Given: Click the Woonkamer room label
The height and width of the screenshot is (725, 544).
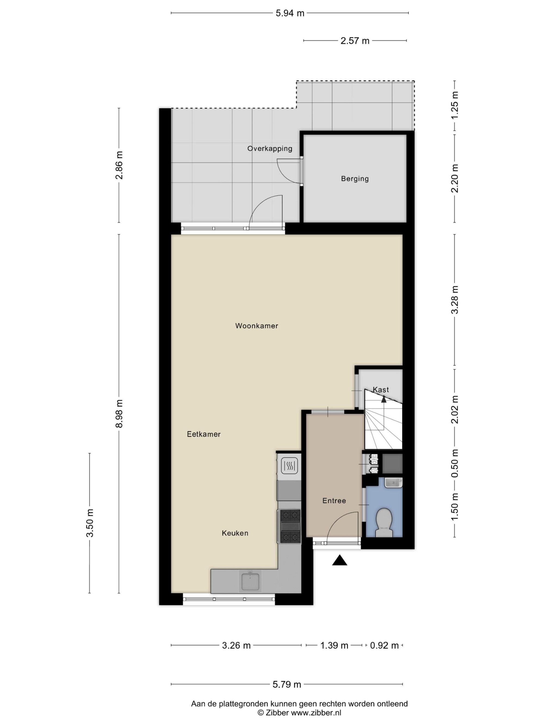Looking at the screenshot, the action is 256,325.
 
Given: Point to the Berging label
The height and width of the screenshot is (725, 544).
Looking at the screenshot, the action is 355,179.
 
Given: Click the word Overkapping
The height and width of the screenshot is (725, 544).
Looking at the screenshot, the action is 270,148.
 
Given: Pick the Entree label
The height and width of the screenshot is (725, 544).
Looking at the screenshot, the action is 334,500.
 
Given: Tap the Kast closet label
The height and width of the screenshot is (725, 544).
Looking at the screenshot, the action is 381,390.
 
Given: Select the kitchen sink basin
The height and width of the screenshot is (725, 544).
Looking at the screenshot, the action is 251,582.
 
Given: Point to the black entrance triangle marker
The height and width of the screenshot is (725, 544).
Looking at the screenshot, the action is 339,560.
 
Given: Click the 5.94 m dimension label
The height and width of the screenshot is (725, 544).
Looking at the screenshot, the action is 290,13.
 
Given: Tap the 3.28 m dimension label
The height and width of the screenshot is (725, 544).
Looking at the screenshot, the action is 455,300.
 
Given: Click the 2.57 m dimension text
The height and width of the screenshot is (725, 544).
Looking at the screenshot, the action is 355,41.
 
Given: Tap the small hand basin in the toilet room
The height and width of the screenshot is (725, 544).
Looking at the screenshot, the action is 393,483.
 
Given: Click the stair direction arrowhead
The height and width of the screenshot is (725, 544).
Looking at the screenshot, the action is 384,399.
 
